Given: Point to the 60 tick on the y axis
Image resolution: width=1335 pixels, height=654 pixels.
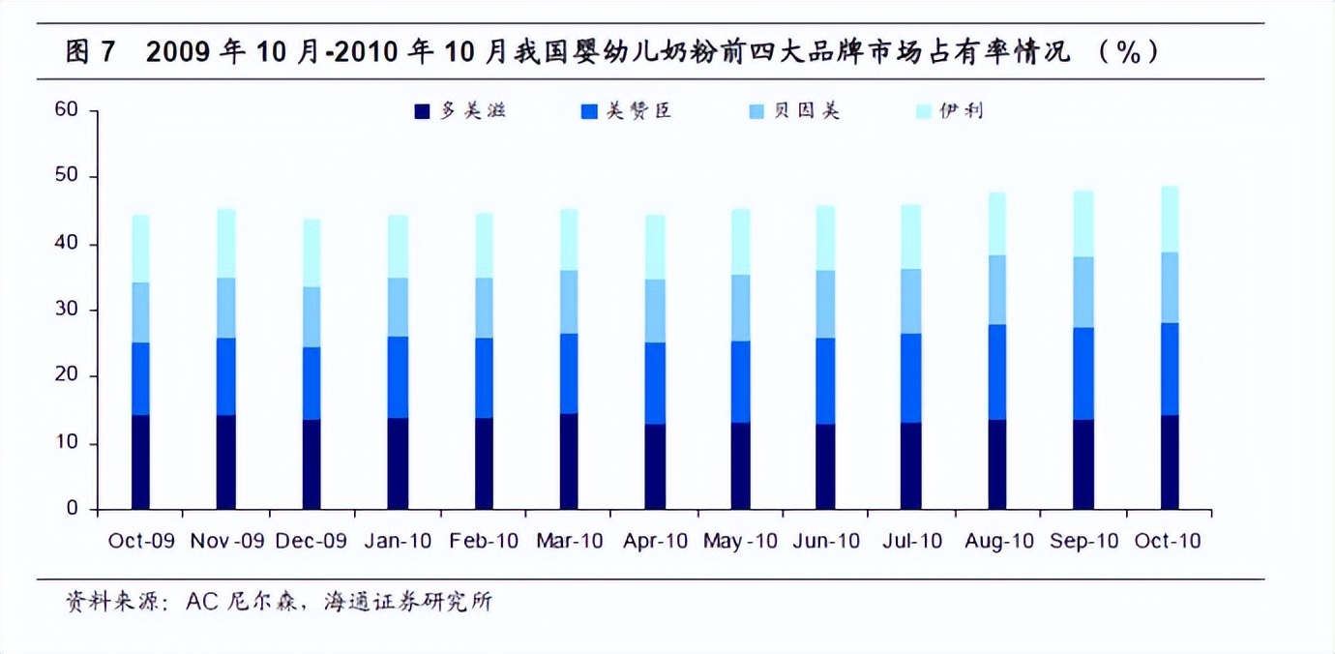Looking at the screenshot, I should point(66,110).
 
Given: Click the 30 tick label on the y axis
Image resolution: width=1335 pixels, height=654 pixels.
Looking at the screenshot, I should point(66,311).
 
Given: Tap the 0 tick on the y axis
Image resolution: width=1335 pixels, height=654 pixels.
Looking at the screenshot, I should point(72,509).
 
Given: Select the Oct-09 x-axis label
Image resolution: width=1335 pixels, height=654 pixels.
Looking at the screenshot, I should point(141,541).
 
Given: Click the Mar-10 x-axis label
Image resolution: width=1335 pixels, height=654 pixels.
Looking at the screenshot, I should point(570,541).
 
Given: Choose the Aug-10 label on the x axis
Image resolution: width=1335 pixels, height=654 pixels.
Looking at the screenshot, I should point(999,541).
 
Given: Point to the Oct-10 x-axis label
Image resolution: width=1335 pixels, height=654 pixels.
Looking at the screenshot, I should point(1169,541).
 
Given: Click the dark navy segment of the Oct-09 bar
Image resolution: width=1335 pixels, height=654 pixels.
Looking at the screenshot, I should point(141,462).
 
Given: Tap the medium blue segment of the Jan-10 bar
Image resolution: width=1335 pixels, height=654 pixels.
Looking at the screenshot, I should point(397,377).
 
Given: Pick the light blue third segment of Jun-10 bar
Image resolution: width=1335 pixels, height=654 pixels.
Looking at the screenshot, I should point(825,304).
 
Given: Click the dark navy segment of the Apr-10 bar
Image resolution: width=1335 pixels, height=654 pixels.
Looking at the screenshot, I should point(655,466).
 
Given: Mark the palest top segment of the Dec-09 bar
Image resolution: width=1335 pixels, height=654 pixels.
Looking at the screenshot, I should point(311,253).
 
